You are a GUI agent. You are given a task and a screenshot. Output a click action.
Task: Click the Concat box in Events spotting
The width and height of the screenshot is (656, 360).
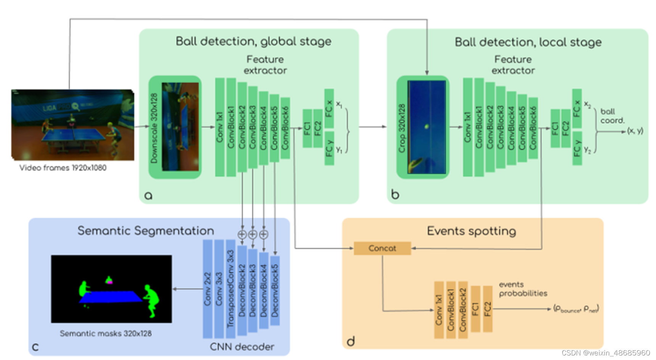(382, 248)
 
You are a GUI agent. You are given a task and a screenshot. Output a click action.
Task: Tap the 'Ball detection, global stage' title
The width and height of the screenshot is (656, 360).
(253, 42)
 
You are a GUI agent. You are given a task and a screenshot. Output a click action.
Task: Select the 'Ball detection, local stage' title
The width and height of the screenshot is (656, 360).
(528, 42)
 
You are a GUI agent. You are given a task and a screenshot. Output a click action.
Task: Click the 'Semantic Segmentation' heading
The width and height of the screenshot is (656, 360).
(146, 231)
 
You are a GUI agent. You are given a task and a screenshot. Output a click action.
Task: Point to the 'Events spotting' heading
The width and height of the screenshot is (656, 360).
(471, 231)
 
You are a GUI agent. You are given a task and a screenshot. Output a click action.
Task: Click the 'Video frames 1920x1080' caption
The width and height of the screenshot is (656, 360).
(63, 168)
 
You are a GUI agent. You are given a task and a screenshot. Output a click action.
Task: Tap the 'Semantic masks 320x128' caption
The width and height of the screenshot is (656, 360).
(106, 334)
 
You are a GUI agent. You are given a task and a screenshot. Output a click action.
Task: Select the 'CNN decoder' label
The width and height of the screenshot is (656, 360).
(242, 347)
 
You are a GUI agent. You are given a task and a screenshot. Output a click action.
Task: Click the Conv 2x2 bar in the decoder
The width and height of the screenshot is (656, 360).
(208, 289)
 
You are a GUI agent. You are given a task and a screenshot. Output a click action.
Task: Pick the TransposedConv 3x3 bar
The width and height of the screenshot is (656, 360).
(230, 289)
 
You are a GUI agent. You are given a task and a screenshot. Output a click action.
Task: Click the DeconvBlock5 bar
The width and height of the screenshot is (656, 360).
(275, 291)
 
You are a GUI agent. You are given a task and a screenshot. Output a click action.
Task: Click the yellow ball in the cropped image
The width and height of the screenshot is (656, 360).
(427, 126)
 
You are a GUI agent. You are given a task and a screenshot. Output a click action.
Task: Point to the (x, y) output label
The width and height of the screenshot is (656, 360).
(635, 131)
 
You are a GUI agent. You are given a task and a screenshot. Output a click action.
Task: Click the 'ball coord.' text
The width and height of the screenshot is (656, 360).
(612, 116)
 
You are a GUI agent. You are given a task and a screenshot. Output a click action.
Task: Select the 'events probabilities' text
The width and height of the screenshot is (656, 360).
(523, 289)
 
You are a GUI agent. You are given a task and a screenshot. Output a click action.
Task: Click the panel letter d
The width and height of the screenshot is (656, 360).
(351, 341)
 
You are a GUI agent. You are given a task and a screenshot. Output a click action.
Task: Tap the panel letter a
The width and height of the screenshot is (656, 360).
(148, 195)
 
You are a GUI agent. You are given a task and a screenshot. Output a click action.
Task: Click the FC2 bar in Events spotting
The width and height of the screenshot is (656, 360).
(487, 308)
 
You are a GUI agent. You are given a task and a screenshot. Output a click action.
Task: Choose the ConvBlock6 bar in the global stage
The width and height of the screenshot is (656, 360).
(285, 128)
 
